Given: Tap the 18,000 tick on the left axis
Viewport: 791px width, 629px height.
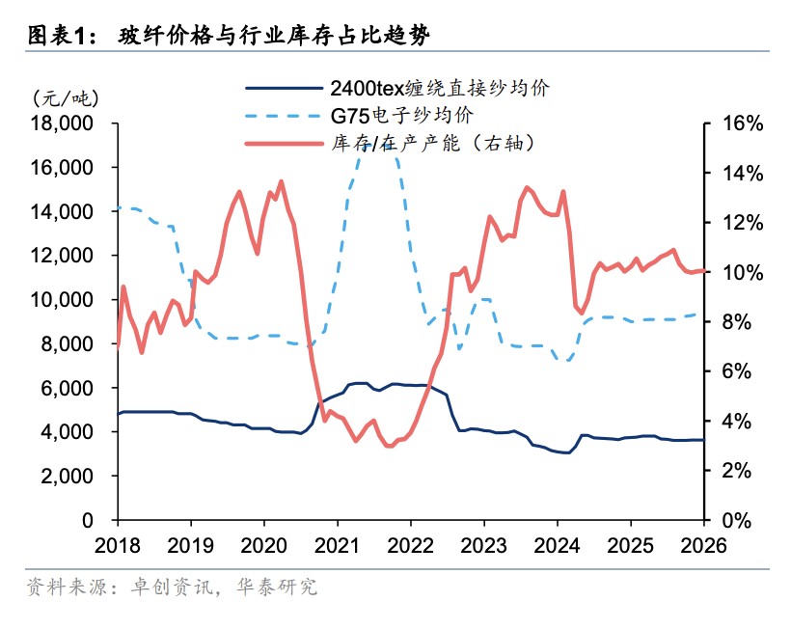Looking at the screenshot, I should pyautogui.click(x=65, y=123).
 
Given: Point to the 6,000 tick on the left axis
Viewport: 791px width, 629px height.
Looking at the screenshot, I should pyautogui.click(x=70, y=388).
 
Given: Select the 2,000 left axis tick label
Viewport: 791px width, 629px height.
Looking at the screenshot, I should pyautogui.click(x=70, y=476).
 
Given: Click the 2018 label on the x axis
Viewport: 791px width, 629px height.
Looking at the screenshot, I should pyautogui.click(x=117, y=545).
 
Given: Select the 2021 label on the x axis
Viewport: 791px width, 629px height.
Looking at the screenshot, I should pyautogui.click(x=337, y=545).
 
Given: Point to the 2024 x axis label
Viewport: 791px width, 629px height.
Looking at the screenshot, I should pyautogui.click(x=557, y=545).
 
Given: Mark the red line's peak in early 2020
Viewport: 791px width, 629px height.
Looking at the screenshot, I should pyautogui.click(x=281, y=181).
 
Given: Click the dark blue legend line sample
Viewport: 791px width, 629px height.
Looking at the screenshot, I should pyautogui.click(x=282, y=89).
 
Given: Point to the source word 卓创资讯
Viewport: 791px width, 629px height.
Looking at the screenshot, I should pyautogui.click(x=171, y=587).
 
